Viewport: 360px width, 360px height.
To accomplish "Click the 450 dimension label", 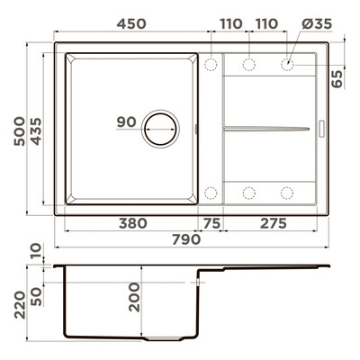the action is point(131,23).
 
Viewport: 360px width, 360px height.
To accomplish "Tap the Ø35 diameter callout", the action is point(317,23).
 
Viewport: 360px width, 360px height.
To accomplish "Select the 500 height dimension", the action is point(20,131).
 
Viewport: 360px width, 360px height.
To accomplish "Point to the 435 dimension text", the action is point(36,131).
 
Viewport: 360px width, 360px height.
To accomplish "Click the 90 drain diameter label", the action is point(126,122).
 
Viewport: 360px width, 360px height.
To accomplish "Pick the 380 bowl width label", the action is point(133,223).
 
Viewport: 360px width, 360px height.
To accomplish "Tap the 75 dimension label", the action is point(211,223).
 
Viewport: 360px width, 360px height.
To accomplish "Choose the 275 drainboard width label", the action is point(274,223).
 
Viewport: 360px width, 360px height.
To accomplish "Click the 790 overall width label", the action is point(186,239).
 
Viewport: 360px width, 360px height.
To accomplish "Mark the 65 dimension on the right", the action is point(337,79).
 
